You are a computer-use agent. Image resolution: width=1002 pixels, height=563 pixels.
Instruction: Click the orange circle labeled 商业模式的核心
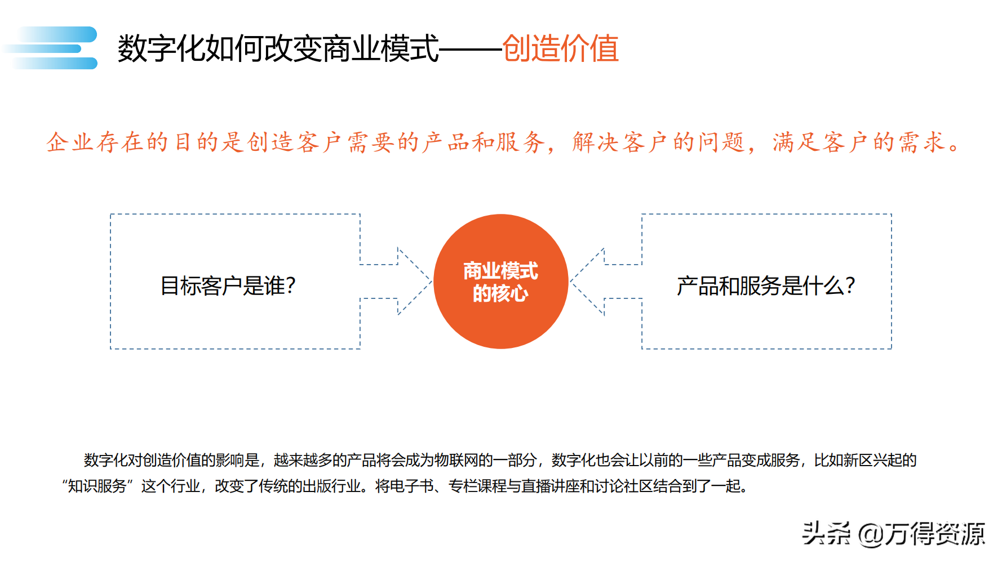[500, 281]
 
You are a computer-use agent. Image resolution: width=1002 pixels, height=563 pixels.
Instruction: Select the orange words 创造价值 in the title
[560, 48]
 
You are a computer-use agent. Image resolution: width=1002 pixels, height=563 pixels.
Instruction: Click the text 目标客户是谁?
[228, 286]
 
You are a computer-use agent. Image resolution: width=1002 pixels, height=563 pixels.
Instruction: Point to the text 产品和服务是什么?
[766, 286]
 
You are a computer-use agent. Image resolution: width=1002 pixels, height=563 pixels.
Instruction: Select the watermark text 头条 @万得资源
[893, 533]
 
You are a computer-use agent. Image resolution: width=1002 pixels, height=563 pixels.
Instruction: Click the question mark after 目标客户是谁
[291, 286]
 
